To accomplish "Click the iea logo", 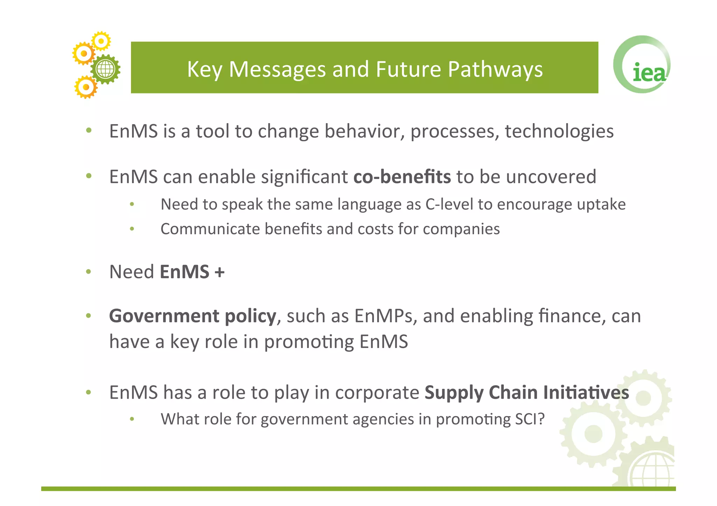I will point(642,65).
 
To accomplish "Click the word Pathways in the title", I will point(495,69).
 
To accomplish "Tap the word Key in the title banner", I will point(204,69).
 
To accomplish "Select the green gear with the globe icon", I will point(105,69).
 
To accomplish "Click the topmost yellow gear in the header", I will point(101,41).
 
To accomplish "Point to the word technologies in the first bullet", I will point(559,131).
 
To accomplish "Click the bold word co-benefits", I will point(402,177).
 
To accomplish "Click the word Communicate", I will point(210,229).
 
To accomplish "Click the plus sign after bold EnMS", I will point(220,272).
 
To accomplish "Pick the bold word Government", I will point(164,316).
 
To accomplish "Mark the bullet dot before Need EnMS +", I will point(89,272).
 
